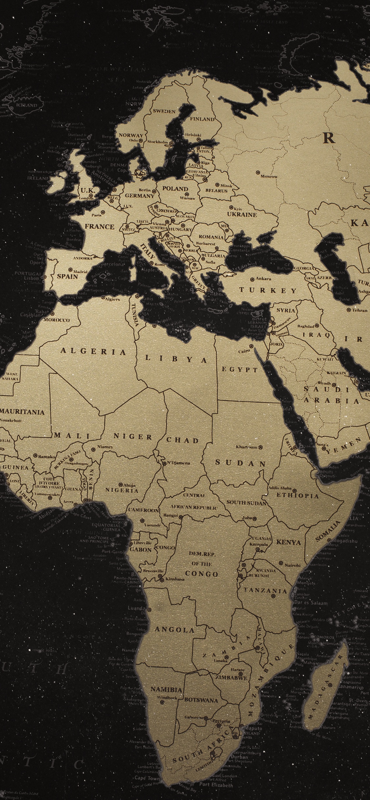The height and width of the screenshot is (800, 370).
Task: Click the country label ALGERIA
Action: (93, 352)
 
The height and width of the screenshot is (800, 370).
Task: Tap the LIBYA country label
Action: (176, 359)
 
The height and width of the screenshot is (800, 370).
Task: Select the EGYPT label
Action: (239, 369)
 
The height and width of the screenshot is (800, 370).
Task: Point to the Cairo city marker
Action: (251, 346)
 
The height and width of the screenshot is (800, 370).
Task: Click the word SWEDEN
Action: (164, 111)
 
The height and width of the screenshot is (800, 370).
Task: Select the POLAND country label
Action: (175, 189)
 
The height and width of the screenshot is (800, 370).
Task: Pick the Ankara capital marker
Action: (252, 279)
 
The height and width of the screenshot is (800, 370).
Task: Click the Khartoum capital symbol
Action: (260, 447)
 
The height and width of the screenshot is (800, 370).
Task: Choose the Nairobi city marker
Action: (281, 563)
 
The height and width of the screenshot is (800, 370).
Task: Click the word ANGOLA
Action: (174, 630)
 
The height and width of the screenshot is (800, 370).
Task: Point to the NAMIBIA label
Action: (166, 689)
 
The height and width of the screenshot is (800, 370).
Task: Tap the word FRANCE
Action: (99, 227)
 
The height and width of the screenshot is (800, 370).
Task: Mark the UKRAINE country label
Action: (242, 214)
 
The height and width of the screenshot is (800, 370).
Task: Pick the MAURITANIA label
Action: (22, 412)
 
